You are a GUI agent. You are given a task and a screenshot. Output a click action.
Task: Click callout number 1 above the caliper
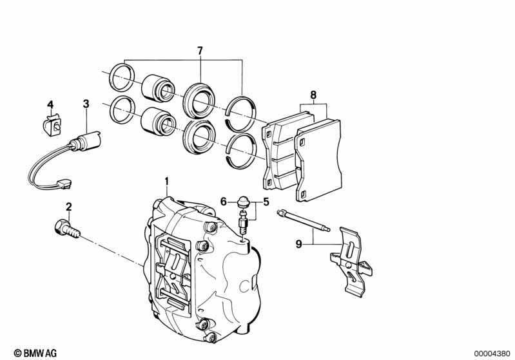point(166,181)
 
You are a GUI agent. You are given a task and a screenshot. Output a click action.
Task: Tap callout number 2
point(68,207)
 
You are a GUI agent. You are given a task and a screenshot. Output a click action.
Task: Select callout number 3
point(86,104)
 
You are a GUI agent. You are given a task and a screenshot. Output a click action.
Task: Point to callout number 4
point(50,105)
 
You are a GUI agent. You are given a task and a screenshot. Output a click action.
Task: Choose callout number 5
point(266,202)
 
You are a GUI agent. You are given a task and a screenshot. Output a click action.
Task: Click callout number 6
point(224,202)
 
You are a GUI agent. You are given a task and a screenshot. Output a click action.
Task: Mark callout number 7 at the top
point(200,51)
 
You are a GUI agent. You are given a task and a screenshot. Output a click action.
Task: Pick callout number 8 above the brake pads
point(313,95)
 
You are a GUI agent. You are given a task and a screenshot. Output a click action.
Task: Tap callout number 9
point(298,244)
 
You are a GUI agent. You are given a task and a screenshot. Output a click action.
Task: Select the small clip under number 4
point(52,125)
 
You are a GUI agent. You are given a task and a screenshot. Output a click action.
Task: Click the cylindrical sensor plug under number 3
point(84,141)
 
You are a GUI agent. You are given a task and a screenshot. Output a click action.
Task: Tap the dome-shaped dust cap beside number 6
point(243,201)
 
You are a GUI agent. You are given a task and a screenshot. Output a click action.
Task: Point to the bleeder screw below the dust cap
point(243,222)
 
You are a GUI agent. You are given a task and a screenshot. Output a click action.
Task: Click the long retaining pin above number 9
point(304,220)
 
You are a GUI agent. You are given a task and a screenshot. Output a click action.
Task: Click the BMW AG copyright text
point(35,353)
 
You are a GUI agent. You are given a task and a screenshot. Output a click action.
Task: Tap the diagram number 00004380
point(492,354)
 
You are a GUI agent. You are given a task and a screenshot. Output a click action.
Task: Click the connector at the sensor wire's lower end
point(64,184)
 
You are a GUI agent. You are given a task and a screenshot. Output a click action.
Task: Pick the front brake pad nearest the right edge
point(318,160)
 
